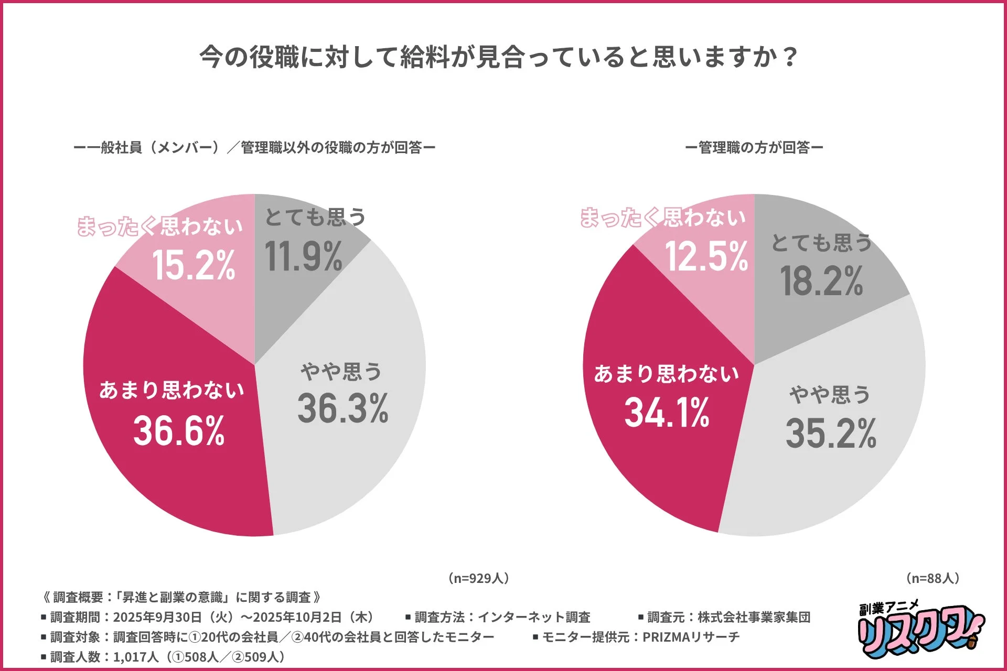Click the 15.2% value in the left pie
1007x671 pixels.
(x=194, y=265)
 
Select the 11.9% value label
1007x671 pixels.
(x=304, y=257)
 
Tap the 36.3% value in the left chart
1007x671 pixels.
(x=343, y=408)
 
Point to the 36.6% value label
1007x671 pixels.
(x=179, y=431)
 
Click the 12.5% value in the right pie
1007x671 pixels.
(x=706, y=256)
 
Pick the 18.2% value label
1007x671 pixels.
(x=821, y=281)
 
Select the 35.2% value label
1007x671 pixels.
(x=831, y=434)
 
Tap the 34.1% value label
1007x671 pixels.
(x=667, y=413)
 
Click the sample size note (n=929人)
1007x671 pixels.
(x=478, y=578)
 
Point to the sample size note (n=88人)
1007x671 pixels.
(x=933, y=578)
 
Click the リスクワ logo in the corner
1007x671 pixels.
(x=920, y=630)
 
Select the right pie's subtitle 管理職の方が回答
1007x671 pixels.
(x=754, y=148)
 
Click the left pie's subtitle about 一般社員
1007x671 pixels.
(x=254, y=148)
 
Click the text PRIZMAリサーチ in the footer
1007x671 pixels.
(x=691, y=637)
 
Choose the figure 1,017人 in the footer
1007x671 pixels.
(x=135, y=657)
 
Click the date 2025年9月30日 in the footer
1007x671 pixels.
(x=157, y=617)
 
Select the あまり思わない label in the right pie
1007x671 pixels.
(x=666, y=374)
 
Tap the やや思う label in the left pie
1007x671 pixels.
(x=341, y=372)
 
